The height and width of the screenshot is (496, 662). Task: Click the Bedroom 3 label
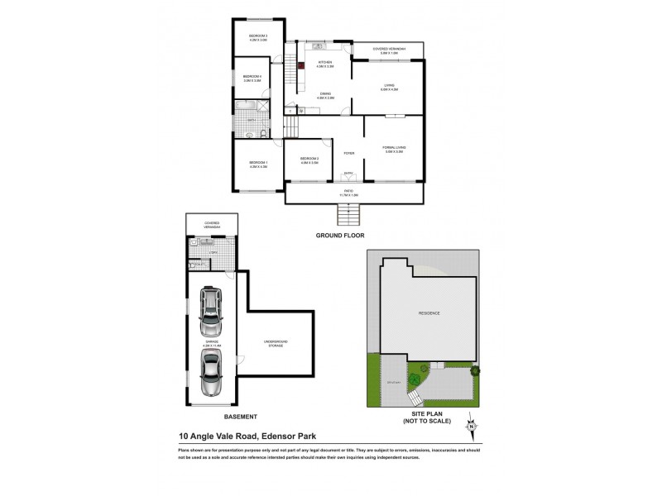coord(259,37)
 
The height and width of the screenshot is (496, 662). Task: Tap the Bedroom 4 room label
coord(252,79)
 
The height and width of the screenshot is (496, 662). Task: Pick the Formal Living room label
coord(394,150)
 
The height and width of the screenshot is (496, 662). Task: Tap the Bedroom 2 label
coord(309,160)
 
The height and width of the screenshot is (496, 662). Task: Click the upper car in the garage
coord(212,308)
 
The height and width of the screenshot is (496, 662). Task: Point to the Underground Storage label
coord(275,343)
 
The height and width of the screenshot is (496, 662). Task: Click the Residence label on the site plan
coord(428,313)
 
